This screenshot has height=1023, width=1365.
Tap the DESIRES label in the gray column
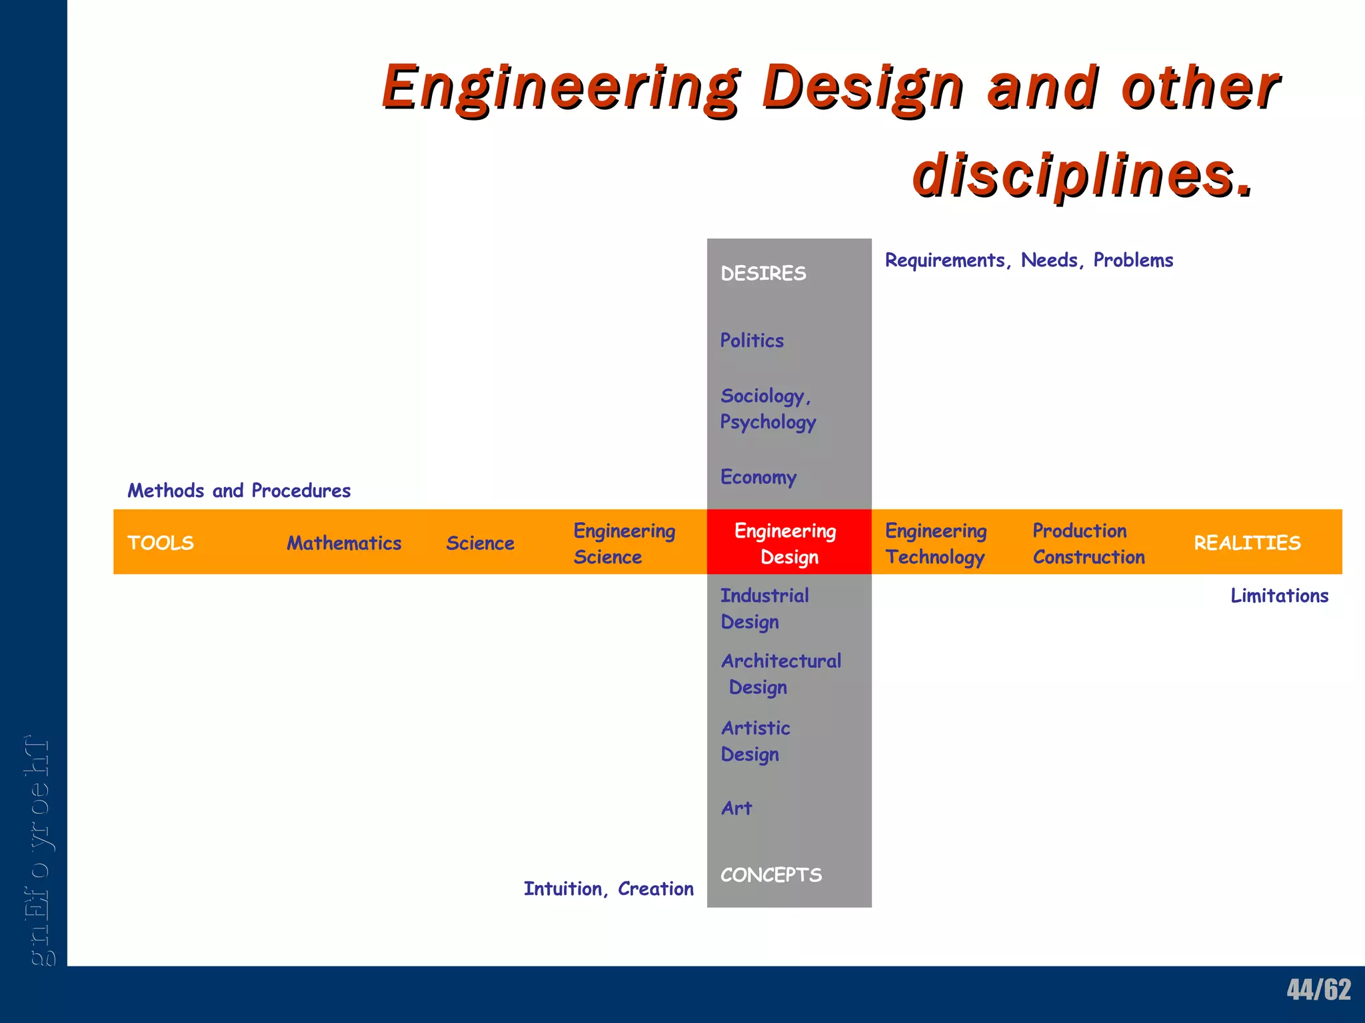pos(763,274)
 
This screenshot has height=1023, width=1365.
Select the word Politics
pos(752,341)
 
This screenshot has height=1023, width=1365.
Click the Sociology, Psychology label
pos(767,409)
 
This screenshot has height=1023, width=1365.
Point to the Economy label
pos(758,478)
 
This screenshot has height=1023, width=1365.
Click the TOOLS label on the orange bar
pos(161,543)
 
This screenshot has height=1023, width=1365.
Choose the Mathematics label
pos(344,543)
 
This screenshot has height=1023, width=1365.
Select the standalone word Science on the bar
pos(480,543)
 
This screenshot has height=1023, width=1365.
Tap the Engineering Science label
pos(624,543)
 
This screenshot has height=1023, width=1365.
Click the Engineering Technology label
pos(935,543)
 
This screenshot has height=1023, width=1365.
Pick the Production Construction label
pos(1088,543)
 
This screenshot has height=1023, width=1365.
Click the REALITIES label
pos(1247,543)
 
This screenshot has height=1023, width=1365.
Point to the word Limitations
pos(1279,596)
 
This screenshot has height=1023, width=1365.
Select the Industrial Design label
pos(764,609)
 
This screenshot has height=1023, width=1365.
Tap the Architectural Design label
pos(780,674)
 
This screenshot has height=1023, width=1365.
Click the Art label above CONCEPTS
pos(736,809)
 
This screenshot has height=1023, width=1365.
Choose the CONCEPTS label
pos(771,875)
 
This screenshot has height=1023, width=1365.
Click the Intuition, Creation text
pos(609,889)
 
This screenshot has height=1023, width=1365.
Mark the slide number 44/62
pos(1318,990)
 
